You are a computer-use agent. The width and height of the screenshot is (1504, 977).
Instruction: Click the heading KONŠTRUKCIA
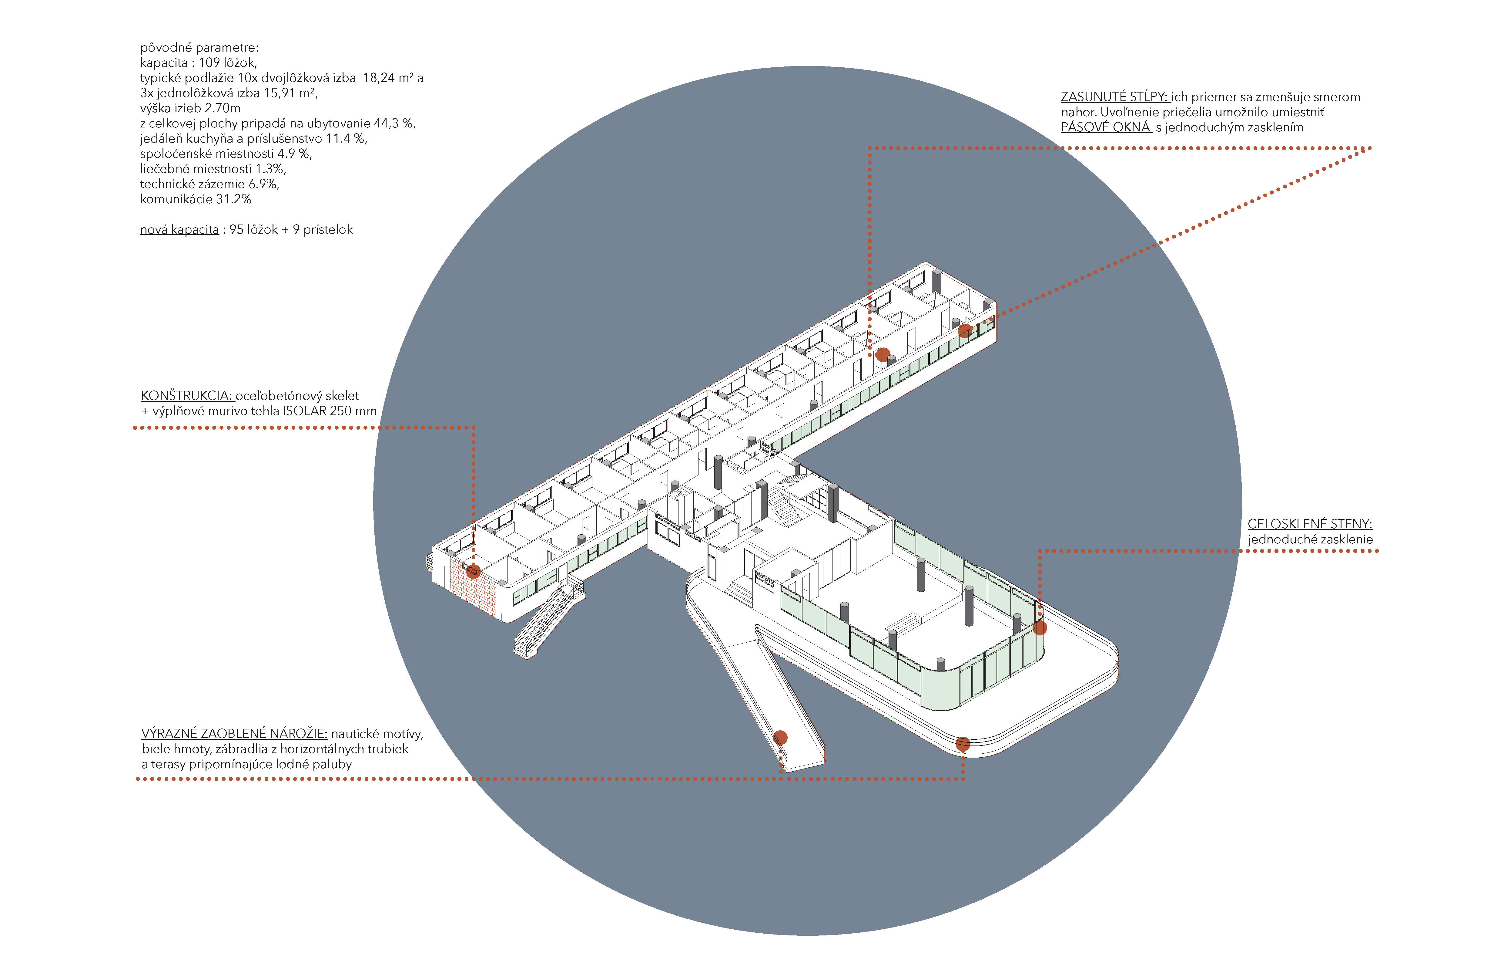pyautogui.click(x=187, y=396)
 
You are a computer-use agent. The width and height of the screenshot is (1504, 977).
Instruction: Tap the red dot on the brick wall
pyautogui.click(x=473, y=572)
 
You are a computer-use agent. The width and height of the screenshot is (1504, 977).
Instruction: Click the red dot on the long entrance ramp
pyautogui.click(x=780, y=737)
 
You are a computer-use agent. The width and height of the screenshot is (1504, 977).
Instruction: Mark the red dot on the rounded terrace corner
pyautogui.click(x=963, y=744)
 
